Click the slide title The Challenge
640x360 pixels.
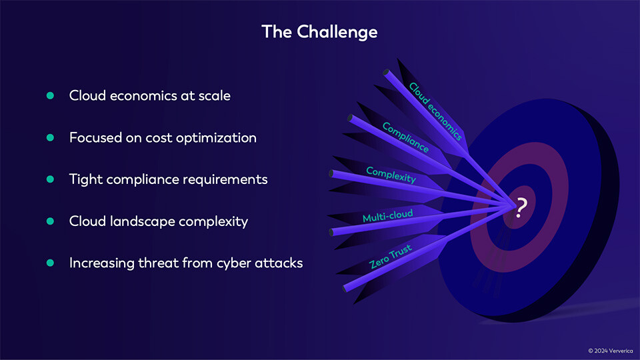click(319, 31)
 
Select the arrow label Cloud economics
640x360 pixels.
click(435, 111)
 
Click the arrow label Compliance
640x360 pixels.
click(405, 137)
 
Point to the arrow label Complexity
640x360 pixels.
click(391, 175)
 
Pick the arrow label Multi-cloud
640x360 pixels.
click(387, 216)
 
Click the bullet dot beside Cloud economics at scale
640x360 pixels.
click(50, 95)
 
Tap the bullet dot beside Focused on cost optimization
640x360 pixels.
click(50, 138)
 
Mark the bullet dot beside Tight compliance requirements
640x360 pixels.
click(50, 179)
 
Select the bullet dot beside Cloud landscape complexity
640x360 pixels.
click(50, 221)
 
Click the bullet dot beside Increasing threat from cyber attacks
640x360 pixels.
click(50, 263)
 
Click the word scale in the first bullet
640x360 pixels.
click(215, 95)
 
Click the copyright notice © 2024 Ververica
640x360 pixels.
click(609, 350)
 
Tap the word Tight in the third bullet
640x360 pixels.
click(85, 179)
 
